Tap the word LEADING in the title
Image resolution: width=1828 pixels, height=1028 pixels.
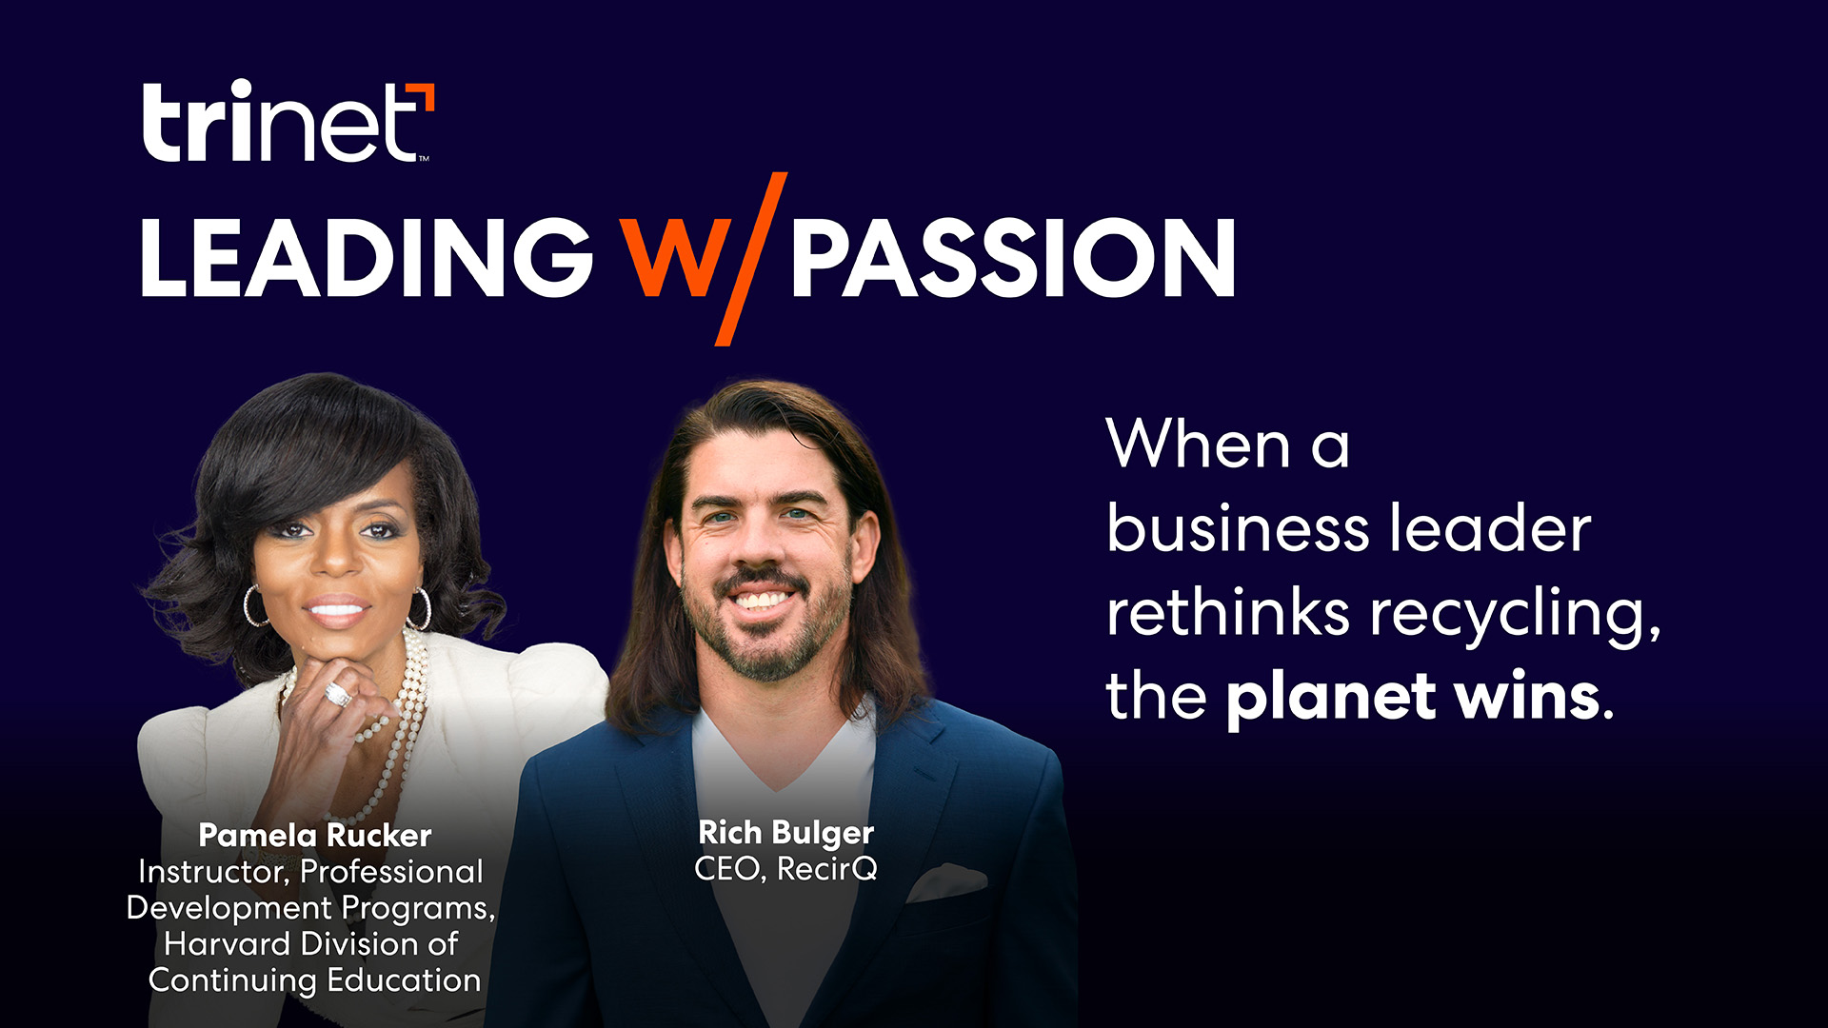pos(367,257)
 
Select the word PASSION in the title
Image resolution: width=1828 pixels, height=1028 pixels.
pos(1013,257)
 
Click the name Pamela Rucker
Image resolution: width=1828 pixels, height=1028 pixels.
pos(314,836)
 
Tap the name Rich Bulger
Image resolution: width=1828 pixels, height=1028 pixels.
pos(785,833)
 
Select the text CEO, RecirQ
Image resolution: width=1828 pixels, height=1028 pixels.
pos(785,869)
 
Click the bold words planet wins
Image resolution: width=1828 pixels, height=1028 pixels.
pos(1413,698)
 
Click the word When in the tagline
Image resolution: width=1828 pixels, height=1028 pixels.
pos(1198,445)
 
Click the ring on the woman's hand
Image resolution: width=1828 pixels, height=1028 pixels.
pos(338,694)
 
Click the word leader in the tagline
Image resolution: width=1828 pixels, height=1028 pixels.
pos(1490,529)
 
